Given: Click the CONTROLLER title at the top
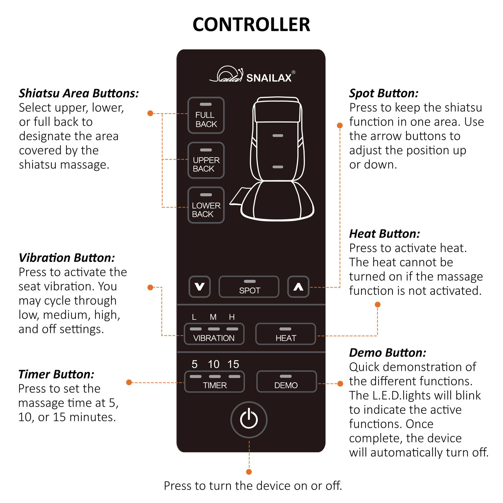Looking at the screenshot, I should pyautogui.click(x=251, y=25).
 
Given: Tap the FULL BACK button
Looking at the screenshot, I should pyautogui.click(x=206, y=115).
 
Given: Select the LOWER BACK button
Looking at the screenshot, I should pyautogui.click(x=206, y=205).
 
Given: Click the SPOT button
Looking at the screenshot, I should pyautogui.click(x=249, y=287).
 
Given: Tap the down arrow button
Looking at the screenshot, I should pyautogui.click(x=199, y=287).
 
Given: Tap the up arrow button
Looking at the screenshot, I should pyautogui.click(x=298, y=287).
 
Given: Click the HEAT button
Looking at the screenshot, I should pyautogui.click(x=286, y=334).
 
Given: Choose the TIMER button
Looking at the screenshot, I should pyautogui.click(x=214, y=382).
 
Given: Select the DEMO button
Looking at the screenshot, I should pyautogui.click(x=286, y=382).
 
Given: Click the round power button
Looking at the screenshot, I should pyautogui.click(x=249, y=420).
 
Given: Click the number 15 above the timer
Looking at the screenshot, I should pyautogui.click(x=233, y=364).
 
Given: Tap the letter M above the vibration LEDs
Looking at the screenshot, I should pyautogui.click(x=213, y=317).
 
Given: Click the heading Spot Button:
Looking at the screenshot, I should pyautogui.click(x=384, y=93).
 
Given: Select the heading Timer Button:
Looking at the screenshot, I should pyautogui.click(x=56, y=374).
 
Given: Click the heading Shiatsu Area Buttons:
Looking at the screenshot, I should pyautogui.click(x=79, y=93).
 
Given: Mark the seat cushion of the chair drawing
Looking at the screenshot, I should pyautogui.click(x=277, y=202).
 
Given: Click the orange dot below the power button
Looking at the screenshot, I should pyautogui.click(x=249, y=472).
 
